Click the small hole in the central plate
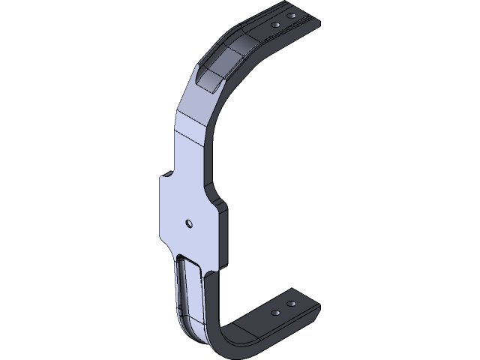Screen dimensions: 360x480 click(x=189, y=223)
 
